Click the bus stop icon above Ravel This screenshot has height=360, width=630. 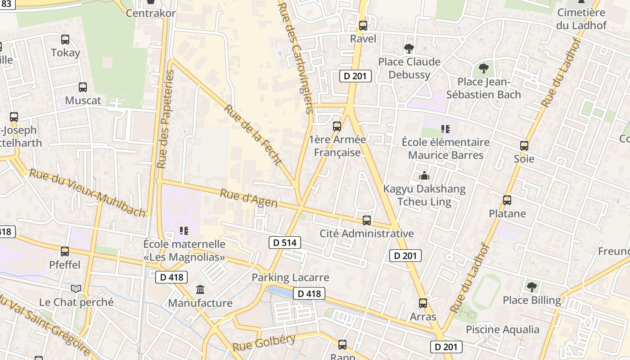click(363, 26)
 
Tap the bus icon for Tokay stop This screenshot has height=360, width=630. click(65, 40)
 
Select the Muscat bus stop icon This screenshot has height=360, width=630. click(83, 87)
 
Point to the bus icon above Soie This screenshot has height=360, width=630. click(524, 146)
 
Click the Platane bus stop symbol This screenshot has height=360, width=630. click(507, 200)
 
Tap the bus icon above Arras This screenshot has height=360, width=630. click(423, 303)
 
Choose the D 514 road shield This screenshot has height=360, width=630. click(285, 243)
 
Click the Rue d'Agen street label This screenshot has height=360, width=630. click(248, 198)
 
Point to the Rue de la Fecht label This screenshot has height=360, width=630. click(253, 135)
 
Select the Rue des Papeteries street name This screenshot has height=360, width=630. click(165, 119)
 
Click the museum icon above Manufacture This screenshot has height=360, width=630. click(200, 289)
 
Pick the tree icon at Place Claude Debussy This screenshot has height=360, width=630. click(409, 49)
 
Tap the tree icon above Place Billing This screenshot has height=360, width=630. click(532, 287)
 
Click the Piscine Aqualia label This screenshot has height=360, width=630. click(502, 329)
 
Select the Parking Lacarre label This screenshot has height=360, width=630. click(290, 277)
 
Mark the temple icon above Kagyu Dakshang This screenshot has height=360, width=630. click(424, 176)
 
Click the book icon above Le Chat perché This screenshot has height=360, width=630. click(76, 288)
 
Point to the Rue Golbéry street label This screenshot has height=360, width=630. click(264, 343)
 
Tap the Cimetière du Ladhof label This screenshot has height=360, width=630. click(581, 19)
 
